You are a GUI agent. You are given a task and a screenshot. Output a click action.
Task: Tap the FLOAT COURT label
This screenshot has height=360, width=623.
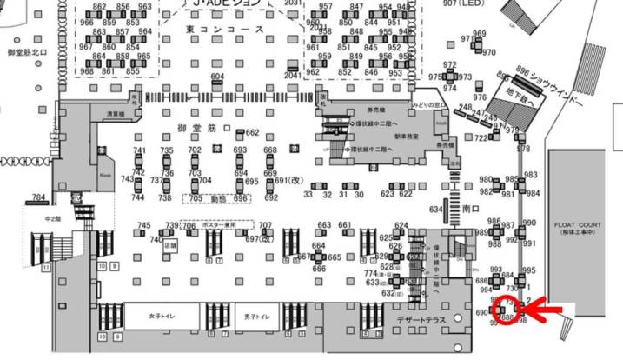[578, 223]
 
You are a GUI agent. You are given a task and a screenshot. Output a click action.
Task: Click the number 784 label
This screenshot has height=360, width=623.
[38, 197]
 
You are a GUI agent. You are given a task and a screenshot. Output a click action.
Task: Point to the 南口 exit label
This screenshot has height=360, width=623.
[471, 210]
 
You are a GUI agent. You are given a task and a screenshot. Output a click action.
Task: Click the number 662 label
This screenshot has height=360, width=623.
[253, 133]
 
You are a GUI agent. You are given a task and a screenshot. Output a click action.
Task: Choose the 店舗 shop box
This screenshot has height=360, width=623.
[170, 245]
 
